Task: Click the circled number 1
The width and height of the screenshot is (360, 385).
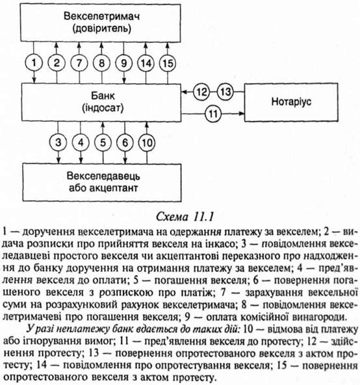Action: click(34, 63)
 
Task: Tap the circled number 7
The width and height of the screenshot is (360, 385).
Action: click(79, 63)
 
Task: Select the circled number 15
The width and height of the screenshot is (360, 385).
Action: click(168, 63)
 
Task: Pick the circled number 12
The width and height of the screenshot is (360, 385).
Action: click(201, 92)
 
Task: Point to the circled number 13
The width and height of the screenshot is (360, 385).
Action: click(225, 92)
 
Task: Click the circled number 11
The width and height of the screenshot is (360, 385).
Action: click(213, 114)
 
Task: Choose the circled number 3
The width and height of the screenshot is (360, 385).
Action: click(58, 142)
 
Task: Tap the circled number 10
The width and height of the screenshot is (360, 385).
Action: click(147, 143)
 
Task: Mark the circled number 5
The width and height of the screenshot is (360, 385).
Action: click(103, 143)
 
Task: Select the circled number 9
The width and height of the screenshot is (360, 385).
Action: click(124, 63)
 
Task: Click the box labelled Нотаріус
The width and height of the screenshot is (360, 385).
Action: click(291, 102)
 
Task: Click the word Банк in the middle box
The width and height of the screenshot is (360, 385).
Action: click(103, 95)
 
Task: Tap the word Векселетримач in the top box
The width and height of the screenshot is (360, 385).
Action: click(102, 16)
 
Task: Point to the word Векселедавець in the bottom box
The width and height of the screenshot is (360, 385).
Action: click(103, 176)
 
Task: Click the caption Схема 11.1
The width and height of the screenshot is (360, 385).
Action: click(185, 217)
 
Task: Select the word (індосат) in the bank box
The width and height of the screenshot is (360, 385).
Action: click(103, 108)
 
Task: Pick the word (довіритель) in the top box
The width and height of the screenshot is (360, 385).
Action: click(102, 29)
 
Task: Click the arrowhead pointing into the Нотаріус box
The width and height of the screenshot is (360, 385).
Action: click(242, 114)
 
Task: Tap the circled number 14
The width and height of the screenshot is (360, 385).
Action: click(146, 63)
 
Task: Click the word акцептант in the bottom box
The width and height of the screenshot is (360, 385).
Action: click(113, 188)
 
